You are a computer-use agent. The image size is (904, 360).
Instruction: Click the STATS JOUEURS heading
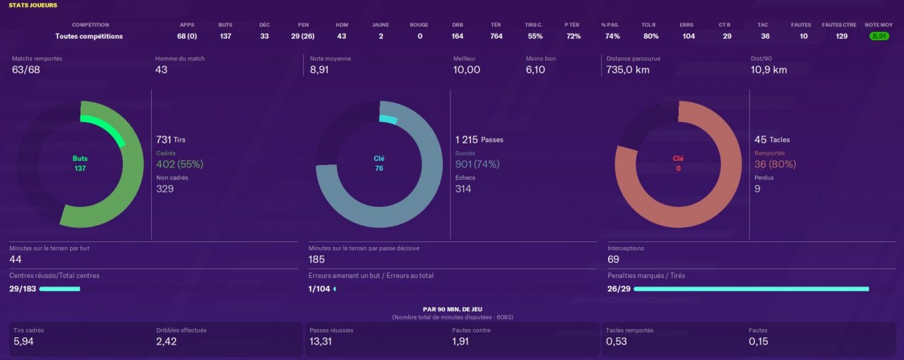click(x=33, y=5)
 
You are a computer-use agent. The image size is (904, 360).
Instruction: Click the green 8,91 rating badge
click(x=879, y=36)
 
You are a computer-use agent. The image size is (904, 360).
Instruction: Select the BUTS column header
click(x=225, y=25)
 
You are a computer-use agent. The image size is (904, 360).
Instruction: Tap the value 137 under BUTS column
click(x=225, y=36)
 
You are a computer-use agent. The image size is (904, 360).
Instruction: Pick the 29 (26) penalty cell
click(x=303, y=36)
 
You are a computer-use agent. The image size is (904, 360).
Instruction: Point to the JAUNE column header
click(x=381, y=25)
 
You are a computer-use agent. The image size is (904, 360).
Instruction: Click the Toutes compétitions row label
click(x=89, y=36)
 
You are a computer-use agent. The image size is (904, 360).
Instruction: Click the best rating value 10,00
click(x=467, y=70)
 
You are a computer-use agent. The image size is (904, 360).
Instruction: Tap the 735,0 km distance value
click(x=628, y=70)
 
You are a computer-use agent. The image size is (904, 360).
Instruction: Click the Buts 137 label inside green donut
click(x=80, y=164)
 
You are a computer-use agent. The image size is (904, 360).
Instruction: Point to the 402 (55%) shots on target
click(x=179, y=164)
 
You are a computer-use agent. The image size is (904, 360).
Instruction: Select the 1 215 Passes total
click(x=480, y=140)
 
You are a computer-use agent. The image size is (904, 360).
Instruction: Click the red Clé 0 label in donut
click(x=678, y=164)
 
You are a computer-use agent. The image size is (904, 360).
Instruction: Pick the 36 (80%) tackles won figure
click(x=775, y=164)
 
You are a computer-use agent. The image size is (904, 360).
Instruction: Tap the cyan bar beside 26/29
click(x=745, y=289)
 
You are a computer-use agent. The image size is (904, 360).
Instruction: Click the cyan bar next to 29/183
click(x=60, y=289)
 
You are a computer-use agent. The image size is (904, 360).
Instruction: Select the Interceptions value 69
click(x=614, y=259)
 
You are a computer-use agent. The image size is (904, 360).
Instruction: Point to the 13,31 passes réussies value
click(x=321, y=342)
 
